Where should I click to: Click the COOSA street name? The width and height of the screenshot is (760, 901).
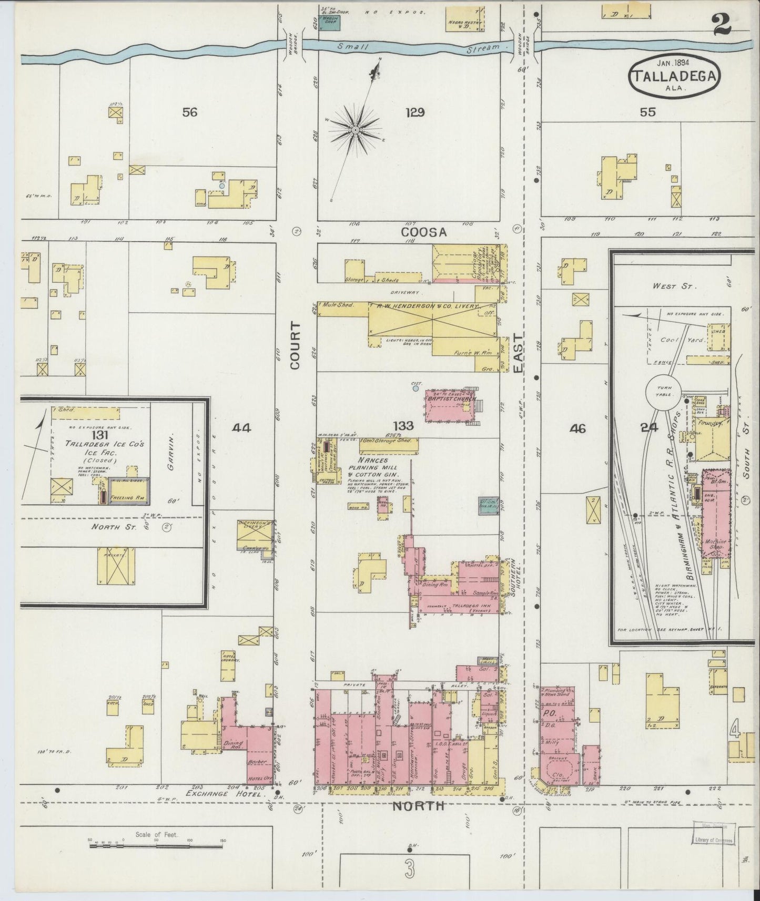click(x=424, y=232)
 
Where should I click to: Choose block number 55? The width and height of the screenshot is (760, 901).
click(x=648, y=111)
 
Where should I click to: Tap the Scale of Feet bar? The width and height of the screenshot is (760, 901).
click(x=156, y=846)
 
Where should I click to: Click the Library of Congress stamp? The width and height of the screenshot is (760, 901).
click(x=713, y=836)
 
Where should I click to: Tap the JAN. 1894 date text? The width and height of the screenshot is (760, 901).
click(x=674, y=63)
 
